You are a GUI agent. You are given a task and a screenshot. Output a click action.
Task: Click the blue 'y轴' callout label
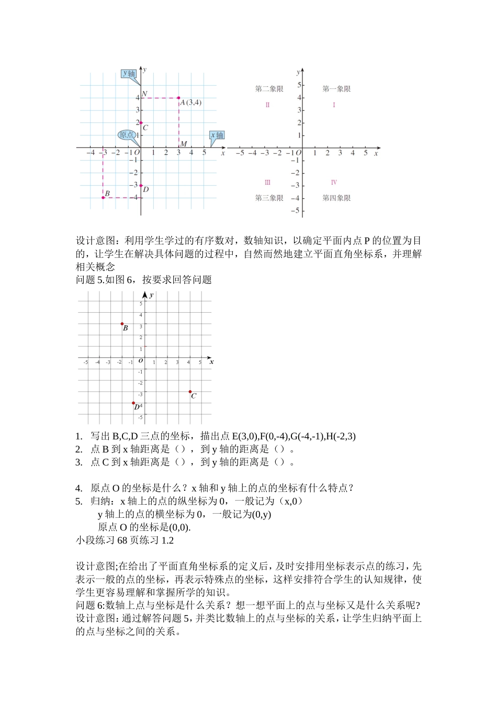pyautogui.click(x=129, y=74)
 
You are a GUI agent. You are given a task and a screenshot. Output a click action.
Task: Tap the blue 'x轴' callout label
pyautogui.click(x=217, y=135)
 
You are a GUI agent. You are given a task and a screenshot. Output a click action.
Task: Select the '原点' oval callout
pyautogui.click(x=127, y=135)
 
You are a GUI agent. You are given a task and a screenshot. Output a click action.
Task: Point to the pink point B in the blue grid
pyautogui.click(x=103, y=198)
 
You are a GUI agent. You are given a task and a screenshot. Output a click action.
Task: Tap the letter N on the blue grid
pyautogui.click(x=145, y=94)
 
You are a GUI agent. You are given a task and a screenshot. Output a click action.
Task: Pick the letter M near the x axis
pyautogui.click(x=183, y=144)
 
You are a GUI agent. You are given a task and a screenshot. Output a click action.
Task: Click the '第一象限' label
pyautogui.click(x=336, y=89)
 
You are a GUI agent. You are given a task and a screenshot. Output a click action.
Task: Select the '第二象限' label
pyautogui.click(x=269, y=89)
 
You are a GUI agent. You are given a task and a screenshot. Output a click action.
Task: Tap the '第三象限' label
pyautogui.click(x=269, y=198)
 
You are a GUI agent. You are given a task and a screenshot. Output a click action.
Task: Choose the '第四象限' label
pyautogui.click(x=336, y=198)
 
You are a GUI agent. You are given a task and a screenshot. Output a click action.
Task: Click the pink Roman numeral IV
pyautogui.click(x=334, y=183)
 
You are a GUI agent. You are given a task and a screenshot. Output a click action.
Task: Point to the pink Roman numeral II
pyautogui.click(x=267, y=105)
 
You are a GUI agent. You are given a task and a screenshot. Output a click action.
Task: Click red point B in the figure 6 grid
pyautogui.click(x=122, y=324)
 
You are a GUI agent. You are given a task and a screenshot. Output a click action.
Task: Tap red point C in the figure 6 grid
pyautogui.click(x=190, y=391)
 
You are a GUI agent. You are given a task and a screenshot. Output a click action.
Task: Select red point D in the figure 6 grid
pyautogui.click(x=133, y=403)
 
